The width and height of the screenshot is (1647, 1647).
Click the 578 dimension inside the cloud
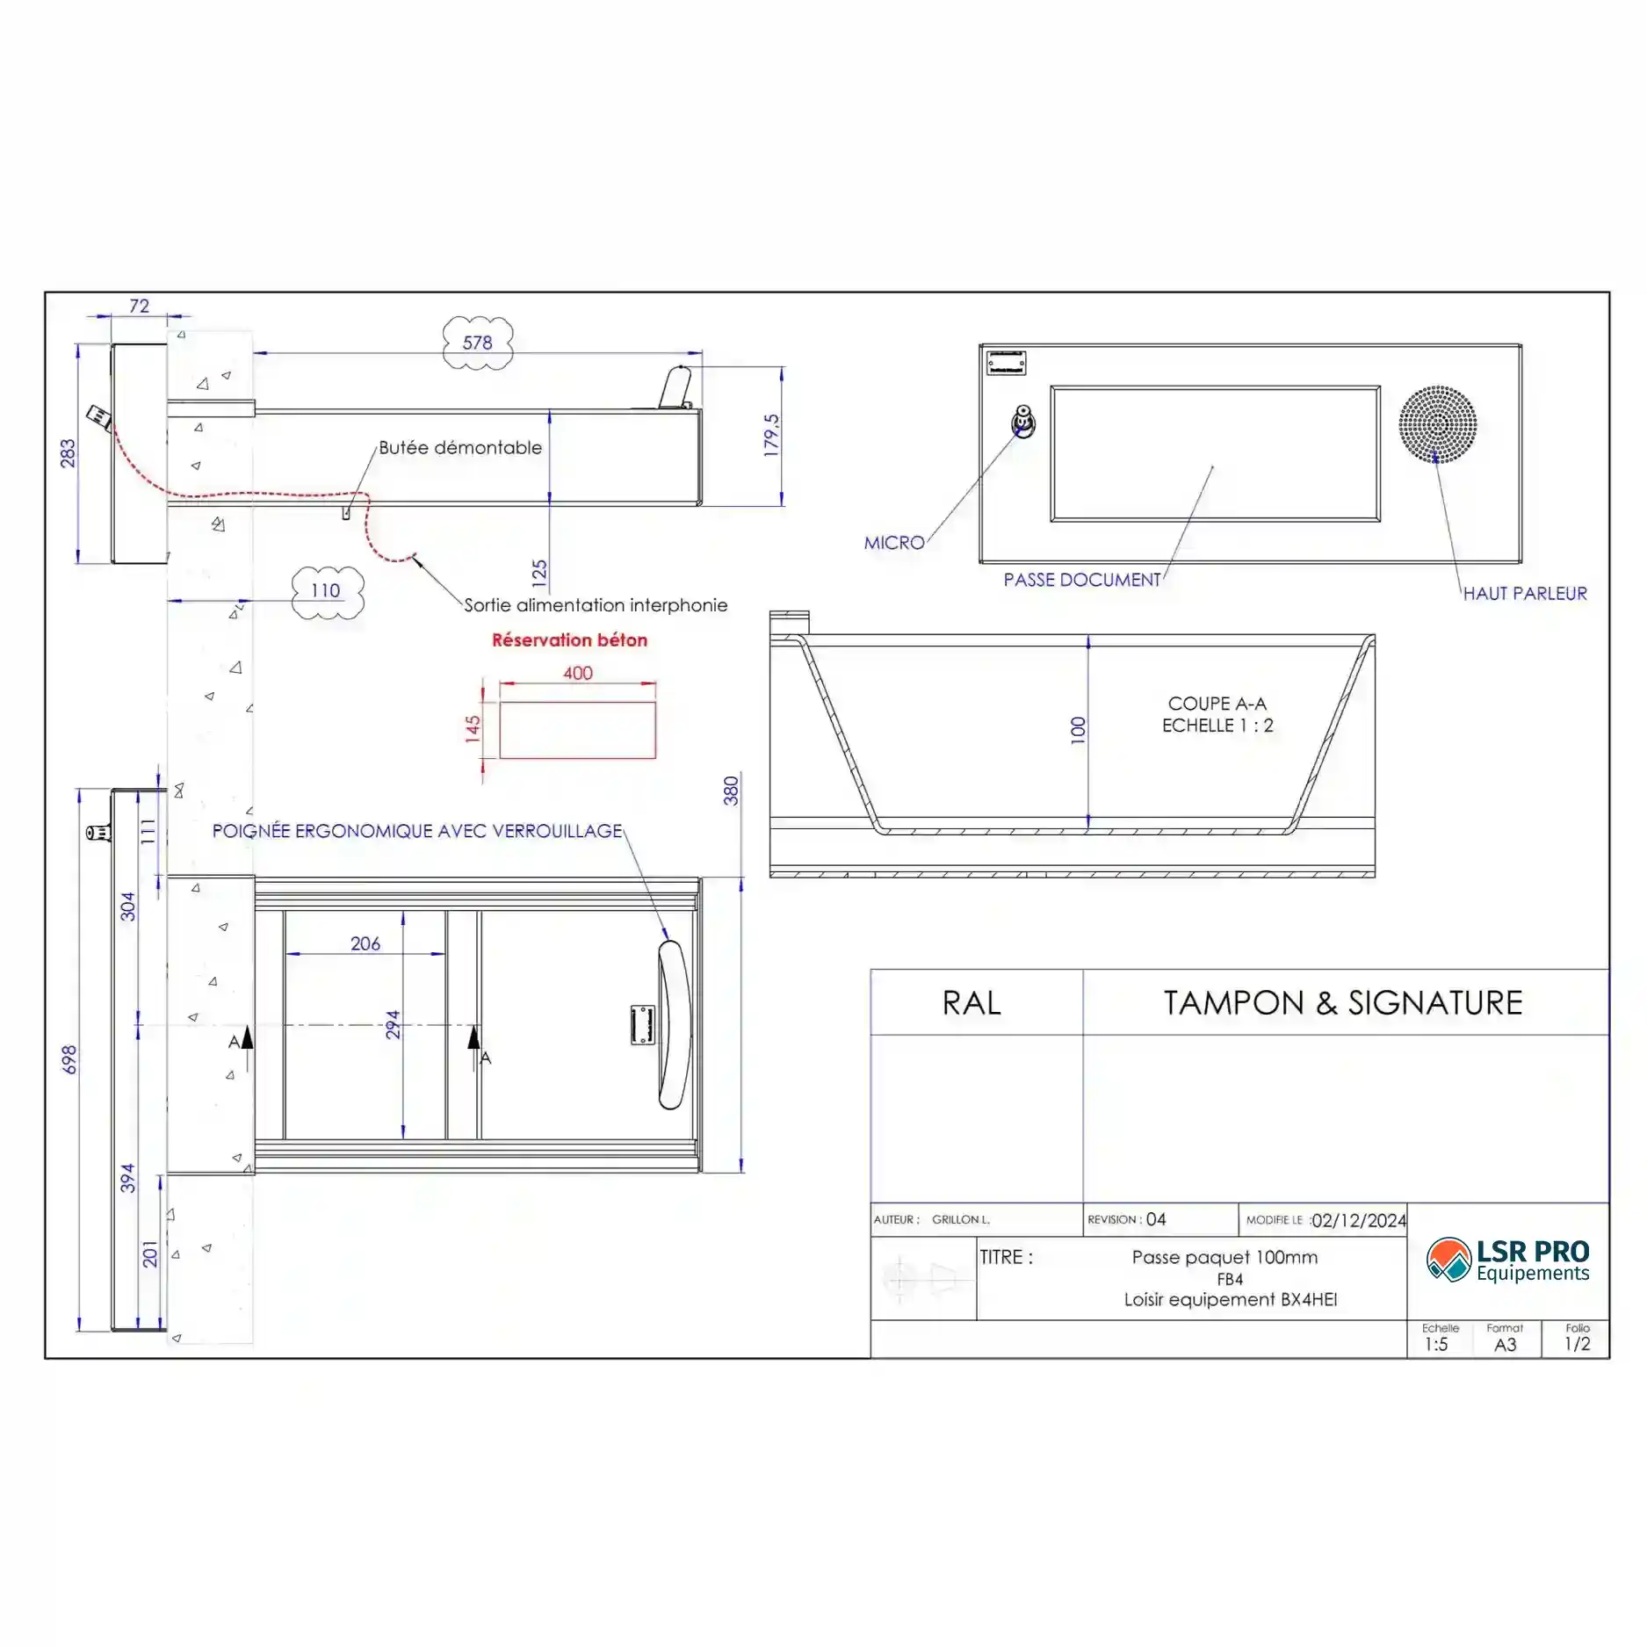point(478,343)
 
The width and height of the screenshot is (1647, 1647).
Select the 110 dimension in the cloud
point(326,590)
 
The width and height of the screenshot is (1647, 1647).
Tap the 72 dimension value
point(140,306)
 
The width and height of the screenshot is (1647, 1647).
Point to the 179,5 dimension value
point(771,435)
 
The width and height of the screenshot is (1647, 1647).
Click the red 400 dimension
point(578,673)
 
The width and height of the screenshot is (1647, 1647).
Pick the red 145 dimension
point(473,729)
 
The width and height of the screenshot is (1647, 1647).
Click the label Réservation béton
point(569,640)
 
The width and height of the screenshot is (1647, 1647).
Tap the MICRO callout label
point(894,543)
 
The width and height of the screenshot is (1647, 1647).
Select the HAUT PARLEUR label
point(1525,594)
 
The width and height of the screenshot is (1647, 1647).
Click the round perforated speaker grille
point(1437,424)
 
